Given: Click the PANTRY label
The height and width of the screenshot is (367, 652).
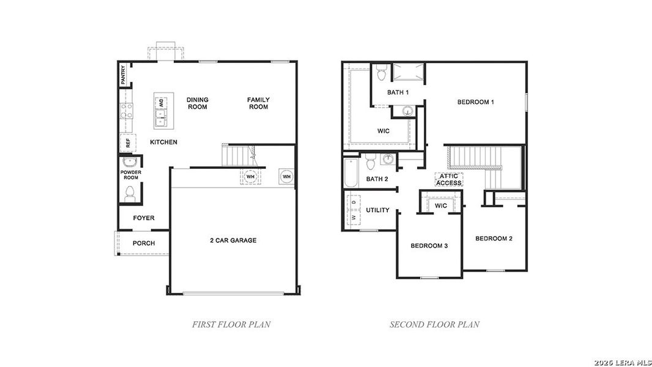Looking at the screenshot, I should pos(123,75).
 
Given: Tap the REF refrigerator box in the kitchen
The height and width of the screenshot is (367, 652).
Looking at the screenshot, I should pos(127,143).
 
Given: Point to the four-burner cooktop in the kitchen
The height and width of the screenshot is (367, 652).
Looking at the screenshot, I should pos(127,111).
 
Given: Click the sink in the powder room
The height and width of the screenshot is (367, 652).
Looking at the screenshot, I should pos(130,163).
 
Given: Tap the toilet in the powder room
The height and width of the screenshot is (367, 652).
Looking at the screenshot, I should pos(129,194).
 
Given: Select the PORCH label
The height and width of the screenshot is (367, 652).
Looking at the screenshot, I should pos(144,243).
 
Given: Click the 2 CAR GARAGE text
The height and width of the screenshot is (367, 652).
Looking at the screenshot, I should pos(233,240).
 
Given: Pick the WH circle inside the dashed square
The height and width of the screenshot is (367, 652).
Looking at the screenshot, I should pos(250,177).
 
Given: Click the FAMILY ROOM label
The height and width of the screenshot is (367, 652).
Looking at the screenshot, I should pos(258,103).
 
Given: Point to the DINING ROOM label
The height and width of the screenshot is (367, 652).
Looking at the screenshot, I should pos(198,103).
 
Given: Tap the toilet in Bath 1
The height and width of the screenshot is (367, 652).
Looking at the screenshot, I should pos(382,73).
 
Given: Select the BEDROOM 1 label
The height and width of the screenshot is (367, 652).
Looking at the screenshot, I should pos(475,102).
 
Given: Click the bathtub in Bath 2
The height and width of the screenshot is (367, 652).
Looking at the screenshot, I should pos(351,173).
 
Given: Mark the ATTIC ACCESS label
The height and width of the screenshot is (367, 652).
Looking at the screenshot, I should pos(448,179).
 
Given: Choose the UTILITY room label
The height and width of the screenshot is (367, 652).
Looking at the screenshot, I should pos(377,210).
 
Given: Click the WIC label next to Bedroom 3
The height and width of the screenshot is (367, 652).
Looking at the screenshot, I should pos(441,206).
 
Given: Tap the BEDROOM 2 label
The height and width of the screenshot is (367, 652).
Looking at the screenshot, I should pos(494,239).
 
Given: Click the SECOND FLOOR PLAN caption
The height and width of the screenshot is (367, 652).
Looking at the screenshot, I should pos(434,325).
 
